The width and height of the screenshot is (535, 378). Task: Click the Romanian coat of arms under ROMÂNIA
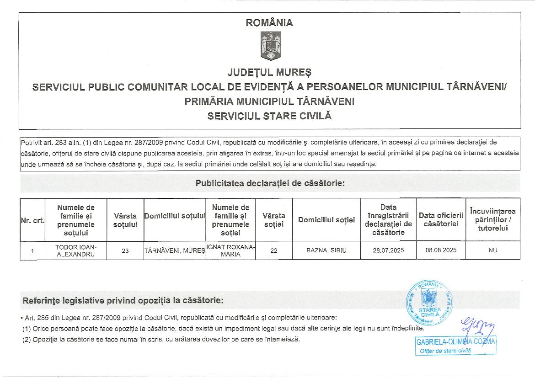[x=270, y=46]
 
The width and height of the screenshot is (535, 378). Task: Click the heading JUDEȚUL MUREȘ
[x=269, y=72]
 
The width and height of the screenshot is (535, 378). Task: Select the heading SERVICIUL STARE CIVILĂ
[x=269, y=116]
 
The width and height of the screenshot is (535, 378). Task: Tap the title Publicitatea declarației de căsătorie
[x=270, y=183]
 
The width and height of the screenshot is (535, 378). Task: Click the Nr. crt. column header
[x=32, y=220]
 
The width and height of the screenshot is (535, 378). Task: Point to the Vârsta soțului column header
[x=125, y=220]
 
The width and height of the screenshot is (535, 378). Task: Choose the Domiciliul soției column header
[x=326, y=220]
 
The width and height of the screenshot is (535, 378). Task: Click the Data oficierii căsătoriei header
[x=441, y=219]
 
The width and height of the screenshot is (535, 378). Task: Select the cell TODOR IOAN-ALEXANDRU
[x=75, y=250]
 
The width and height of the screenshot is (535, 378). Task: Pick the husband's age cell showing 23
[x=125, y=250]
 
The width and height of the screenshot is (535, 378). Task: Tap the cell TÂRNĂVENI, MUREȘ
[x=175, y=250]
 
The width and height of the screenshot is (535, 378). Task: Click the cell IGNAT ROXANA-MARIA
[x=231, y=250]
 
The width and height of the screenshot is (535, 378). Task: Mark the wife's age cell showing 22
[x=274, y=250]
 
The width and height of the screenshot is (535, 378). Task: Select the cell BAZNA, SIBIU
[x=326, y=250]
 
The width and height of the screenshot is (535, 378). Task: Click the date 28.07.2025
[x=388, y=250]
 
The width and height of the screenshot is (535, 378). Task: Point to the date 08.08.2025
[x=441, y=250]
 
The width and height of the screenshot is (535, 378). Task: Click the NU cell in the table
[x=492, y=250]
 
